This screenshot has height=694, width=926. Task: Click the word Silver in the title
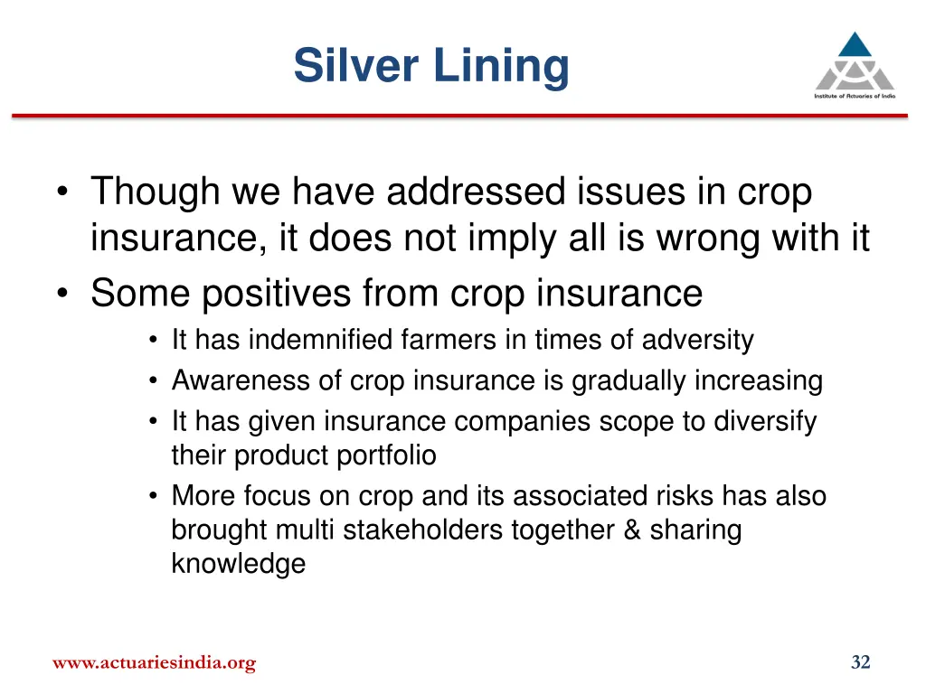(x=353, y=66)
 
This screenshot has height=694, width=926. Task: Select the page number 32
(x=860, y=663)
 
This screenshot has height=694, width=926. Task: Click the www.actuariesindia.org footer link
(x=154, y=663)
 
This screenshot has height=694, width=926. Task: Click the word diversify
(x=763, y=422)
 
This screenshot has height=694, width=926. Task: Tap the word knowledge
(x=238, y=564)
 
